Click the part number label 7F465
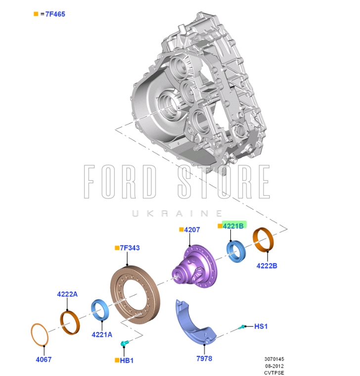coord(55,14)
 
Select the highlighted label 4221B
coord(233,226)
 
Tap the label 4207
coord(192,230)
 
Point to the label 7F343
coord(130,248)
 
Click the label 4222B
coord(267,266)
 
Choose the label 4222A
coord(67,294)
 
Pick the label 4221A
coord(102,334)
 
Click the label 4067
coord(44,360)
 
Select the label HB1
coord(127,360)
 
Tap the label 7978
coord(204,359)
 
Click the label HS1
coord(261,326)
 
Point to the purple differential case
coord(194,266)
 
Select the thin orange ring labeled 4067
coord(40,335)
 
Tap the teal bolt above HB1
coord(125,343)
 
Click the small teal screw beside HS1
coord(242,327)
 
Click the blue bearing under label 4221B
coord(236,251)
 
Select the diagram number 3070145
coord(274,359)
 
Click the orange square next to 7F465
coord(36,14)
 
